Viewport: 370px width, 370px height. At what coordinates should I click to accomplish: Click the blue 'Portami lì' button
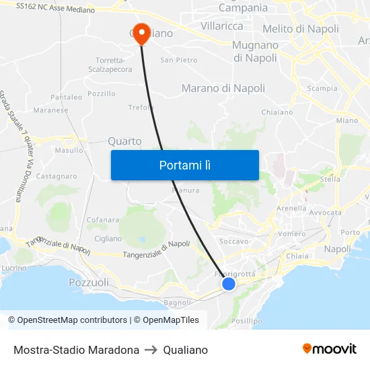[x=184, y=165]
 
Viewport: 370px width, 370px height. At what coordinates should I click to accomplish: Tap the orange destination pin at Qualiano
[x=141, y=33]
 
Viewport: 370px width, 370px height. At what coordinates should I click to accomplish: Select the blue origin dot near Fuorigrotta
[x=229, y=284]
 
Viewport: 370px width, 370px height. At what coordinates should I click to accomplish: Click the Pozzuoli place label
[x=89, y=283]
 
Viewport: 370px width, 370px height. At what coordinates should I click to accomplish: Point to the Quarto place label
[x=124, y=141]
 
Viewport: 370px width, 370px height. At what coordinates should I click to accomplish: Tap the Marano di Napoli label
[x=223, y=88]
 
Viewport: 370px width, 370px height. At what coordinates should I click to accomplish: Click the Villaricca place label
[x=221, y=26]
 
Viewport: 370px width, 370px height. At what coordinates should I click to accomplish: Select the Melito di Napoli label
[x=301, y=29]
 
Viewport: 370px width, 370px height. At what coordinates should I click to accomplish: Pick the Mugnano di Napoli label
[x=255, y=52]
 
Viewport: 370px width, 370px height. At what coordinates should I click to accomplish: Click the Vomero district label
[x=292, y=233]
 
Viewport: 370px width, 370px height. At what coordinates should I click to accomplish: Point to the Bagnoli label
[x=178, y=303]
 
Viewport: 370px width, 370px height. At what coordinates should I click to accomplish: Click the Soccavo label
[x=234, y=241]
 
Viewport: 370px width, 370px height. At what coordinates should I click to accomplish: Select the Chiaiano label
[x=276, y=112]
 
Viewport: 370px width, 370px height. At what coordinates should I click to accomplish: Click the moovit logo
[x=329, y=349]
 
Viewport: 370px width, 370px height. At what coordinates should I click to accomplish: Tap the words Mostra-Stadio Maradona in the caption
[x=76, y=350]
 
